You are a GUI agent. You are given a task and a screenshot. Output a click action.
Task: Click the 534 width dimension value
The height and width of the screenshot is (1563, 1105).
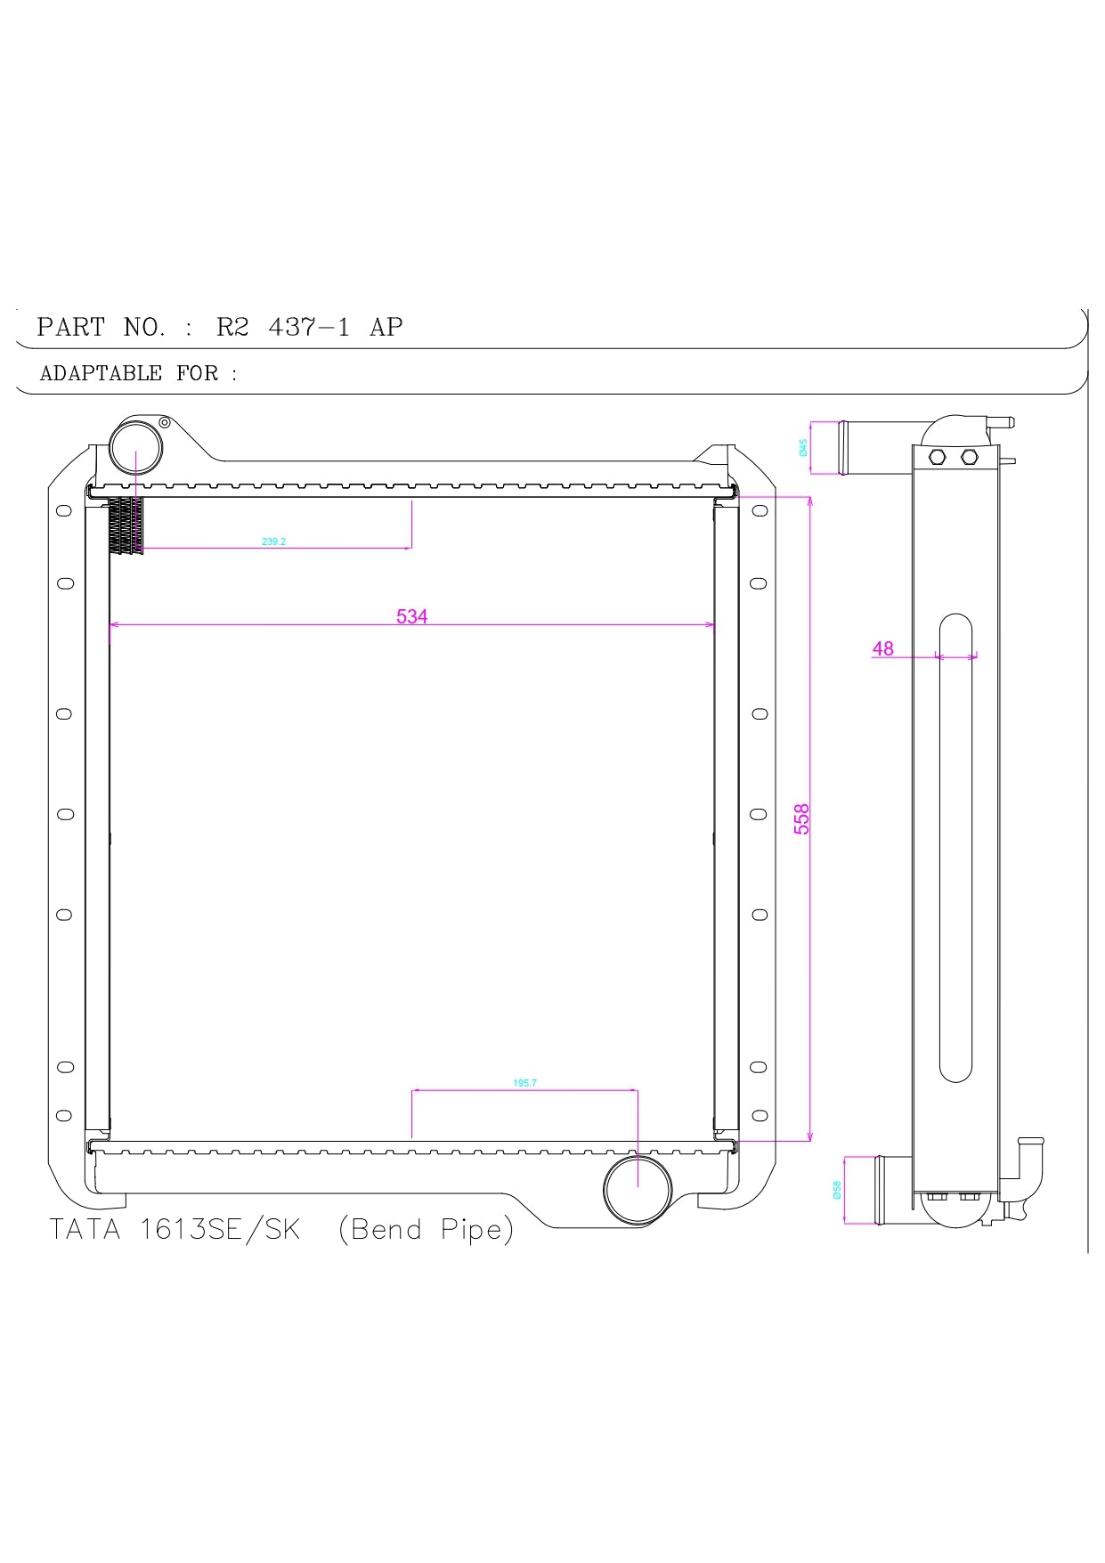coord(411,616)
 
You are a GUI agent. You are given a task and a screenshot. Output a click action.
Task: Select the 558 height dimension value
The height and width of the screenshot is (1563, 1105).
coord(801,818)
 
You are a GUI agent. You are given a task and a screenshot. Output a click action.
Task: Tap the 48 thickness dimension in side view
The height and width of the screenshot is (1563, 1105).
coord(882,648)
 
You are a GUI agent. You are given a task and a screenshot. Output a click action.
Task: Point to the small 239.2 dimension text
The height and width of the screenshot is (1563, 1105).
coord(273,541)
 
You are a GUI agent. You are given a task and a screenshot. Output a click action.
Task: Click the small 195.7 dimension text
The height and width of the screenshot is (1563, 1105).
coord(524,1083)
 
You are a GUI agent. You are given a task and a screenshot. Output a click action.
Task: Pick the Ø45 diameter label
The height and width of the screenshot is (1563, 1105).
coord(804,448)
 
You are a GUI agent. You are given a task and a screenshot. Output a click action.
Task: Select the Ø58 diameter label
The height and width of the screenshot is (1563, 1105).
coord(837,1190)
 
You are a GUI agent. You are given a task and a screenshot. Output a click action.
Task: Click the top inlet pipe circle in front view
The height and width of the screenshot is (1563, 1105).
coord(135,451)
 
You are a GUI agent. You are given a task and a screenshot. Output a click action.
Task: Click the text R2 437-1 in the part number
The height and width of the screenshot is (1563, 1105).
coord(283,327)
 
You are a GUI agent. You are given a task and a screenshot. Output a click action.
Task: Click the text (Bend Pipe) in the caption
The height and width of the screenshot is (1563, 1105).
coord(426,1229)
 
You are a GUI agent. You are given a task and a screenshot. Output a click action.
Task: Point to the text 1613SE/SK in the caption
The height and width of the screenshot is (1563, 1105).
coord(220,1229)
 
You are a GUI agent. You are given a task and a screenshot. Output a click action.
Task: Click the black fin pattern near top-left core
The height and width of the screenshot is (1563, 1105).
coord(126,526)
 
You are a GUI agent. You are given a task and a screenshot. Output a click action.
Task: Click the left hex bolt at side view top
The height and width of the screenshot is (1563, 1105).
coord(936,457)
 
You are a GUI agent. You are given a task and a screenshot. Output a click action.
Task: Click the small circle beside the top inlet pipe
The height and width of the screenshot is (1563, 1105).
coord(165,423)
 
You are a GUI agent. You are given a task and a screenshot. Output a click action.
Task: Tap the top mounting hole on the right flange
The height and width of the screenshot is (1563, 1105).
coord(760,510)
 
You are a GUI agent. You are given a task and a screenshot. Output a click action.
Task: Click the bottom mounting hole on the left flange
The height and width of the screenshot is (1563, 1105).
coord(64,1115)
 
